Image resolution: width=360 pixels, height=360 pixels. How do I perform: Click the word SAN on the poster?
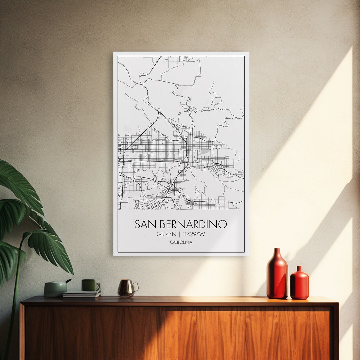point(145,224)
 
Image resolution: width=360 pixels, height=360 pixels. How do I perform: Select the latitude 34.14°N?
point(167,234)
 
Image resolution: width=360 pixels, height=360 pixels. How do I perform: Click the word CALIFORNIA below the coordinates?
point(181,242)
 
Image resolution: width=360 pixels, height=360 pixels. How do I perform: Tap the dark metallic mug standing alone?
point(126,288)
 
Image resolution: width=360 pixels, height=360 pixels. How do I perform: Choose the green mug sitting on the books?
point(89,285)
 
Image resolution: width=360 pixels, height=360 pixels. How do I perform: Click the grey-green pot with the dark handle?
point(55,289)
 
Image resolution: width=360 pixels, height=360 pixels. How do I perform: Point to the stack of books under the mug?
point(82,294)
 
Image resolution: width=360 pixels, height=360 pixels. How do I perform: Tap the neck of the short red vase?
point(299,269)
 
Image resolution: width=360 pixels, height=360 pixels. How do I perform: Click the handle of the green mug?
point(98,286)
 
